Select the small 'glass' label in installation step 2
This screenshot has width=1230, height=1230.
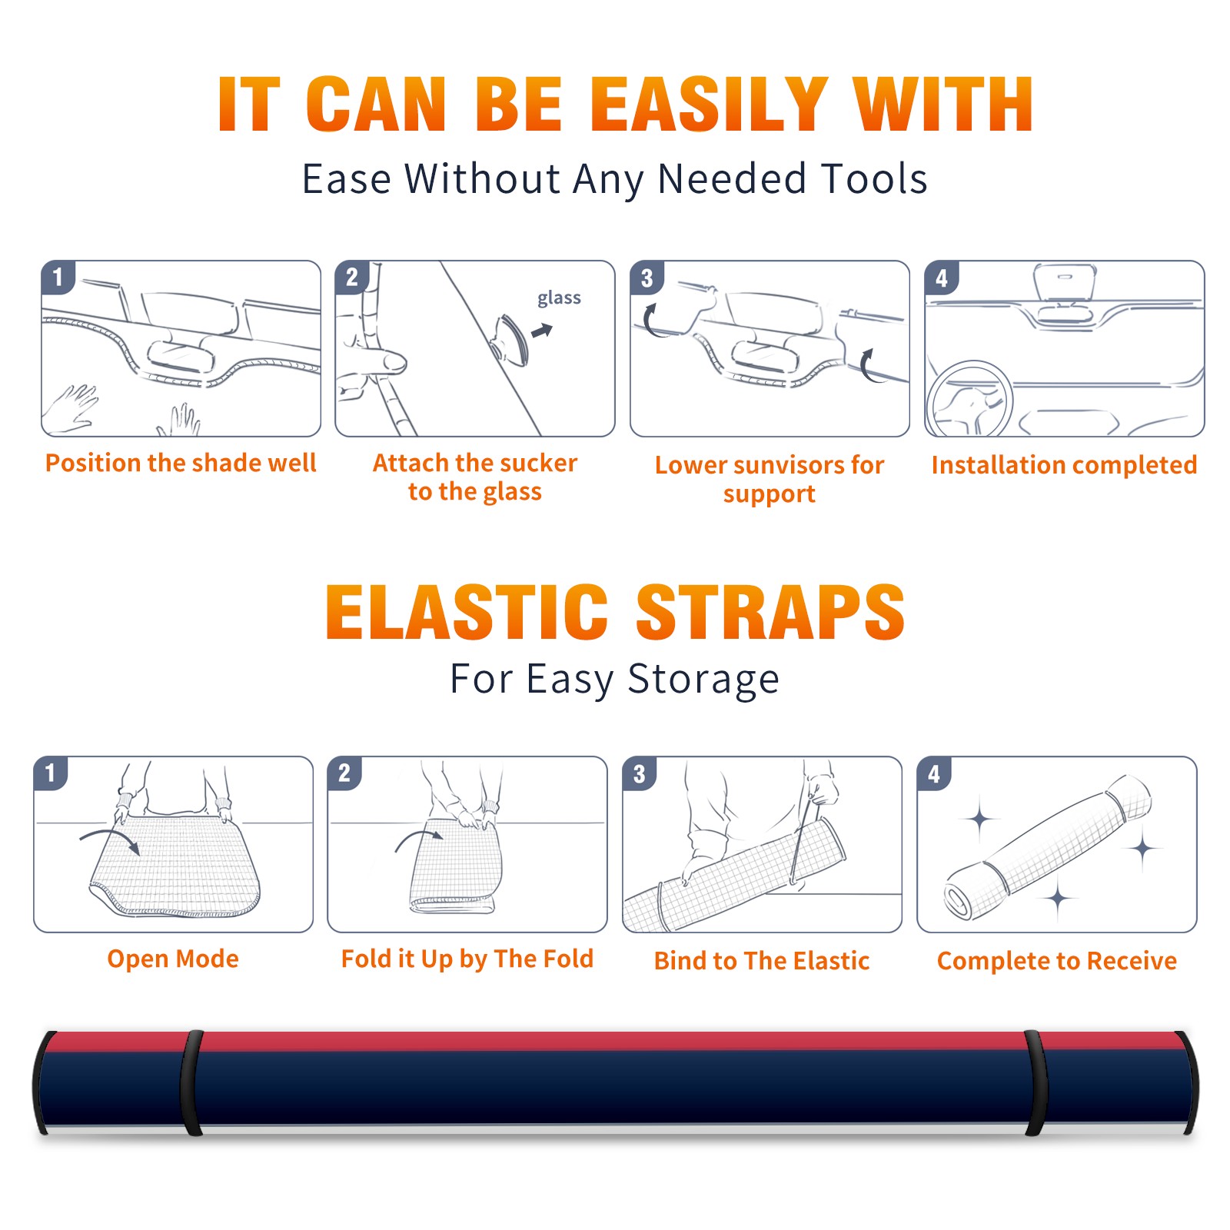(559, 298)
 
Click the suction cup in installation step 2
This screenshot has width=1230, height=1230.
(510, 338)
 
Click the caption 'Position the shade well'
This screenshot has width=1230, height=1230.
(181, 463)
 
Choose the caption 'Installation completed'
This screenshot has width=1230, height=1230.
(1064, 465)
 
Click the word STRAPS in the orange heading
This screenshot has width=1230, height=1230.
(770, 612)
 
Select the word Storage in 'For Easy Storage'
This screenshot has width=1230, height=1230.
(703, 680)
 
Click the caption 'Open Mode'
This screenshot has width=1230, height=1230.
(173, 959)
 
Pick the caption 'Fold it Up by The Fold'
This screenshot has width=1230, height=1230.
(467, 959)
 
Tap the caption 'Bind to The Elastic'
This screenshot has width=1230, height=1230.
(762, 961)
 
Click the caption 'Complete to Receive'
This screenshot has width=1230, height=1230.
(1057, 961)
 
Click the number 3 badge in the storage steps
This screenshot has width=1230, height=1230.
(640, 773)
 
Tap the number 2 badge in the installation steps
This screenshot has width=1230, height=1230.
(352, 277)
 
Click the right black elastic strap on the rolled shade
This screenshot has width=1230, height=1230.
(1036, 1082)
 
